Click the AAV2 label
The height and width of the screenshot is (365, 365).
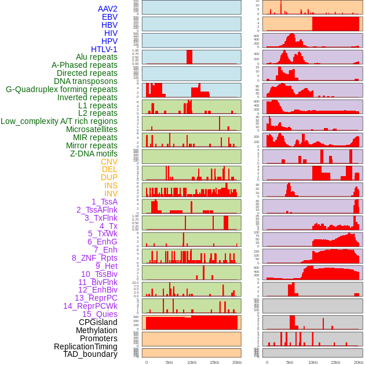(108, 9)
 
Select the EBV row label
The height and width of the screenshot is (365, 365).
(110, 17)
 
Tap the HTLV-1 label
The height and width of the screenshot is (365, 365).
(104, 49)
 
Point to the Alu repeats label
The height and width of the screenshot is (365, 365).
(97, 57)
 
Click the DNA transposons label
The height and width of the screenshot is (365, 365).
(86, 82)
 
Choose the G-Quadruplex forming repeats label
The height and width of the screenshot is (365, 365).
(61, 90)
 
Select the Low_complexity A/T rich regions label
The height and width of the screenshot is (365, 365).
(59, 121)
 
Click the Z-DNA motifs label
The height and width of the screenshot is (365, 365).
(94, 154)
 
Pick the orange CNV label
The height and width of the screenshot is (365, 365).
(109, 162)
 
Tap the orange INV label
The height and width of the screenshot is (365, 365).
(111, 194)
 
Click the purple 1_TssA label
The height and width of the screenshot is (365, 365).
(104, 202)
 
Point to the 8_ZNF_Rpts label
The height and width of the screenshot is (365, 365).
(94, 258)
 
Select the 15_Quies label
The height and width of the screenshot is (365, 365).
(100, 314)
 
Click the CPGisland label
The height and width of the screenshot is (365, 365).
(98, 322)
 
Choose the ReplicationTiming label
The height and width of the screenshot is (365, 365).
(86, 346)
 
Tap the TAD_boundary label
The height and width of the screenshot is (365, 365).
(90, 354)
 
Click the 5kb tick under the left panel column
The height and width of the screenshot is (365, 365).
(169, 362)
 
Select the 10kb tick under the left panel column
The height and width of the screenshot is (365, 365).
(192, 362)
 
